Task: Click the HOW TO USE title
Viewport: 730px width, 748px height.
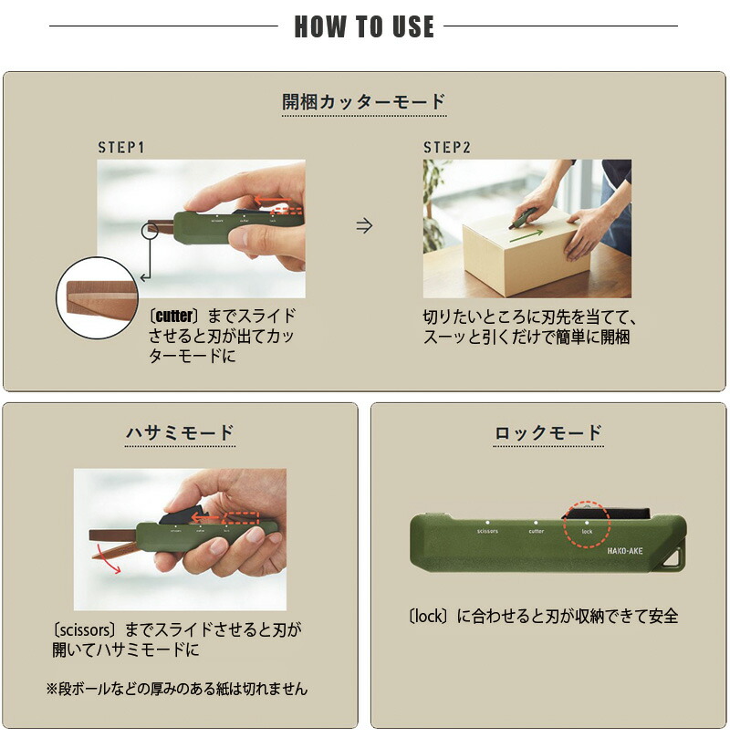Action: click(364, 26)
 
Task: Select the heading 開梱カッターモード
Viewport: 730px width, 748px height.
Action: click(364, 101)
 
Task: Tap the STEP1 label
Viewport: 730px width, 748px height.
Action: click(121, 148)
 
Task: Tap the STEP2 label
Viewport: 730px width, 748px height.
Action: click(446, 148)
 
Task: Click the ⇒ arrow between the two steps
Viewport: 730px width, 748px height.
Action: click(364, 226)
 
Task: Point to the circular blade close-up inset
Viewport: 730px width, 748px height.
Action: click(97, 298)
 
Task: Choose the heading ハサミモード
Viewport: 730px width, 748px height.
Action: click(180, 432)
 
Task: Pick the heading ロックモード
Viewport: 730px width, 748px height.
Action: click(548, 432)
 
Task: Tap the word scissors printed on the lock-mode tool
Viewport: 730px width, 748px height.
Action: click(486, 530)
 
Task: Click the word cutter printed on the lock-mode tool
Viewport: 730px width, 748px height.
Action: click(536, 530)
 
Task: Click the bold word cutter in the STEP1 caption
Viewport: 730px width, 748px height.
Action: click(174, 317)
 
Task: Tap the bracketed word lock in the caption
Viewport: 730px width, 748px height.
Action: click(429, 617)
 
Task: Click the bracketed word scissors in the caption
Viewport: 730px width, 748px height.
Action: click(87, 629)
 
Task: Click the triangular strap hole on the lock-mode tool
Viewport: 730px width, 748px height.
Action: click(677, 556)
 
